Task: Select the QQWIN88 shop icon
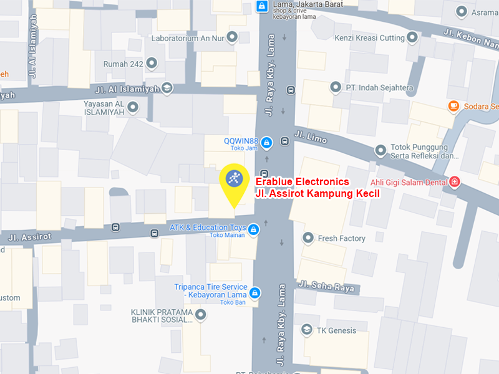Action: pos(266,143)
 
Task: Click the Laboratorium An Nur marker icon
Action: pos(232,37)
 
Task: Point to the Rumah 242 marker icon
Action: pos(153,64)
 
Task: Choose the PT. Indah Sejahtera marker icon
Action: pos(336,87)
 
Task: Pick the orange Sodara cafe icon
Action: pos(453,106)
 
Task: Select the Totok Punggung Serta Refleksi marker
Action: pos(380,150)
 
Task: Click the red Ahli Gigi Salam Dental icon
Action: pos(455,181)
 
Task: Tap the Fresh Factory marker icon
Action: pos(308,237)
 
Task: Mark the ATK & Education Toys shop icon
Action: pos(253,231)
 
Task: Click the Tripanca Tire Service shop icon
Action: pos(254,292)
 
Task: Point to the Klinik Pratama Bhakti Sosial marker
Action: pos(200,316)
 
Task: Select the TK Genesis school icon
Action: pos(306,330)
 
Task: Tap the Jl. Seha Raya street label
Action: pos(326,286)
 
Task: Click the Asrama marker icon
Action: pos(462,12)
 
